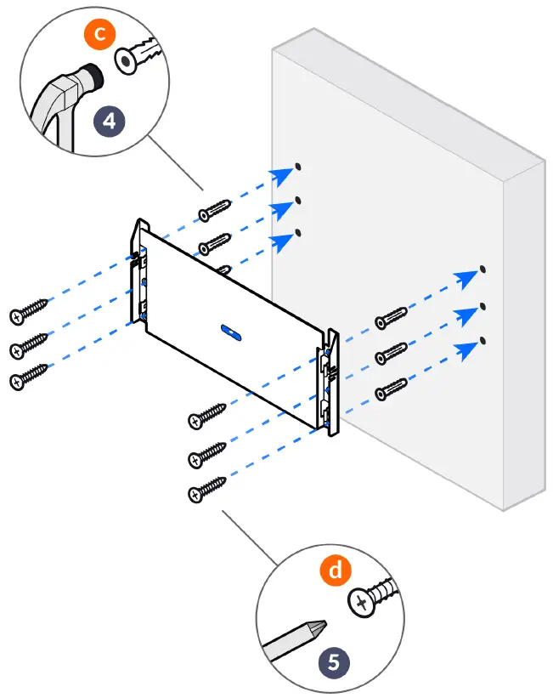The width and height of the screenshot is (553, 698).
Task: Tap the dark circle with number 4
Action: click(109, 120)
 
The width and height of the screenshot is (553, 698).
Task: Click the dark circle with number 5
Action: click(333, 659)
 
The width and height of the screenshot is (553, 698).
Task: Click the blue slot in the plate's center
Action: click(231, 330)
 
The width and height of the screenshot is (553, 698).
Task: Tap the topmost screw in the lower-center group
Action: click(206, 415)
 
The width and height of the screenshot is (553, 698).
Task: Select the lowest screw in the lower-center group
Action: click(206, 488)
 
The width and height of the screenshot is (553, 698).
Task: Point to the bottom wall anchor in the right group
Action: click(394, 387)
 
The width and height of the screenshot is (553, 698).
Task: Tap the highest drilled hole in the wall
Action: click(298, 167)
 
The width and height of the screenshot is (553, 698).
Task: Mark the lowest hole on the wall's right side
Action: click(482, 340)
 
